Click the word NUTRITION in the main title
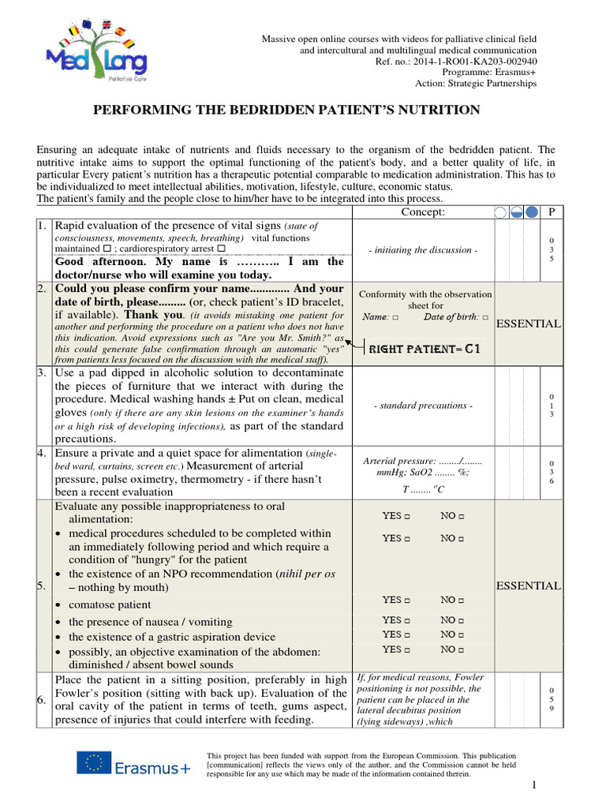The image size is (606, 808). [x=434, y=110]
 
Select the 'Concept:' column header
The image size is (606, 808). [x=423, y=211]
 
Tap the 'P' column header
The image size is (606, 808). [x=552, y=211]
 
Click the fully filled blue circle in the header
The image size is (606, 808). [x=532, y=211]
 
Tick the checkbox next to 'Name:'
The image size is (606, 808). [x=395, y=317]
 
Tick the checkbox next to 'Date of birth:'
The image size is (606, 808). [x=484, y=317]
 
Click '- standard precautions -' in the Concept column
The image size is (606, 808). [x=423, y=406]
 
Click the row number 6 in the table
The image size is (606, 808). [x=43, y=699]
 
